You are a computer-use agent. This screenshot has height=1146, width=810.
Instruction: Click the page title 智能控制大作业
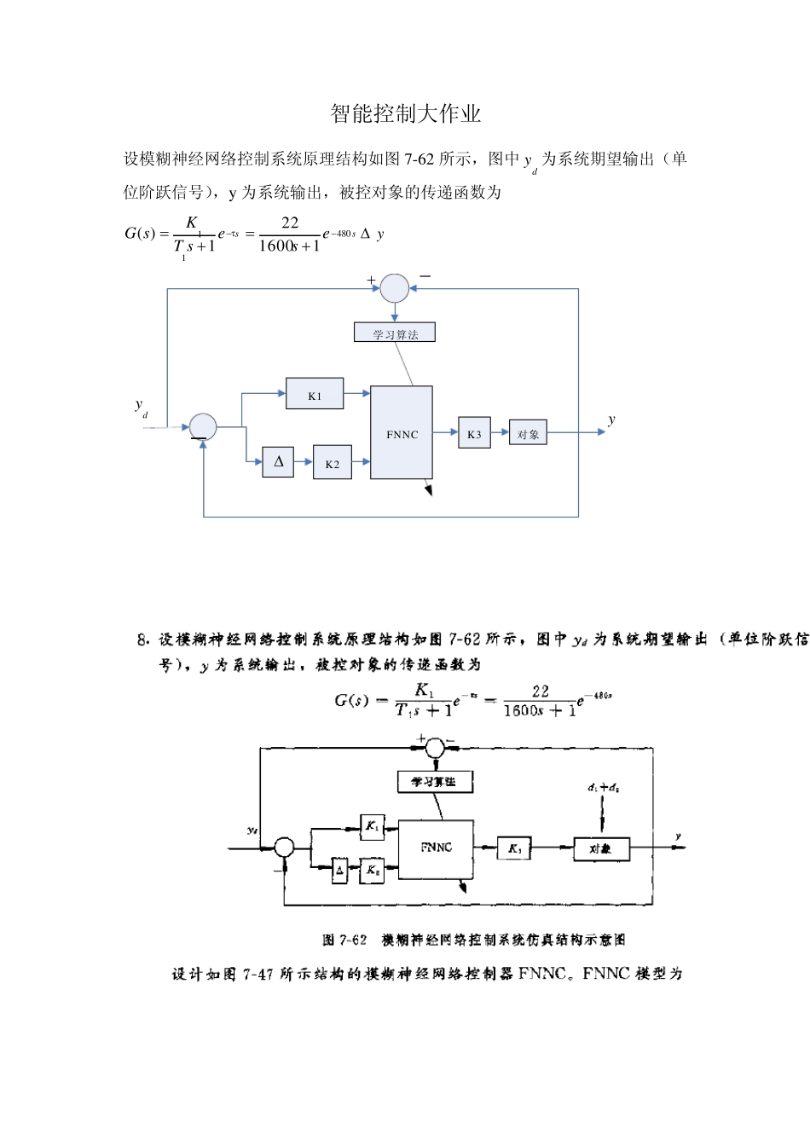pyautogui.click(x=406, y=114)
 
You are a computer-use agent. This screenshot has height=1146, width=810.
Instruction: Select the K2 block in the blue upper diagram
pyautogui.click(x=332, y=463)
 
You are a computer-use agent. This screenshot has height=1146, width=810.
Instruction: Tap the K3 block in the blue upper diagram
pyautogui.click(x=474, y=434)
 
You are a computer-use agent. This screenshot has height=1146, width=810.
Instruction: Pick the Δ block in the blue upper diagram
pyautogui.click(x=278, y=462)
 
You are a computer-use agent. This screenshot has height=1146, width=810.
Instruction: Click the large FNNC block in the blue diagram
pyautogui.click(x=402, y=433)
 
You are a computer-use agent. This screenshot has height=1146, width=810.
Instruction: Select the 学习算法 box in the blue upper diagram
pyautogui.click(x=395, y=333)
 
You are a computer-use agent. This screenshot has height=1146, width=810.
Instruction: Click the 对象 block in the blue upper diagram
pyautogui.click(x=528, y=434)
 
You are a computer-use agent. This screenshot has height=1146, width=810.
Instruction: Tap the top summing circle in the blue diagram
pyautogui.click(x=394, y=288)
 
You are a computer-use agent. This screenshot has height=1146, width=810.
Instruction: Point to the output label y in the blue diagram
pyautogui.click(x=611, y=420)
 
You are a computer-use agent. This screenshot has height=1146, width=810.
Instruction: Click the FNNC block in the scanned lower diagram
pyautogui.click(x=437, y=848)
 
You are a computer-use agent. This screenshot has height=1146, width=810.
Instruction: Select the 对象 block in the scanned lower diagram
pyautogui.click(x=600, y=849)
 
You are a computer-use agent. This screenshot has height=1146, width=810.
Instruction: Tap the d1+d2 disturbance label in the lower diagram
pyautogui.click(x=603, y=788)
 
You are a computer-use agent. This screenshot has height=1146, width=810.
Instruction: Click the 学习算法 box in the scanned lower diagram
pyautogui.click(x=434, y=781)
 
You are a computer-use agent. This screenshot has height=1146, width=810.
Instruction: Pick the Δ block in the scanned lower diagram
pyautogui.click(x=339, y=871)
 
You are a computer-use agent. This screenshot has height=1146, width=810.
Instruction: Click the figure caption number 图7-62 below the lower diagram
pyautogui.click(x=344, y=940)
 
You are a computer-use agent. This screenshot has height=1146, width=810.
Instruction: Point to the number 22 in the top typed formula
pyautogui.click(x=290, y=223)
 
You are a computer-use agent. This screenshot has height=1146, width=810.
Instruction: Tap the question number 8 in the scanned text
pyautogui.click(x=142, y=640)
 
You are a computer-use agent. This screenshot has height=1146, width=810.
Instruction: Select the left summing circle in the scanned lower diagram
pyautogui.click(x=284, y=848)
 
